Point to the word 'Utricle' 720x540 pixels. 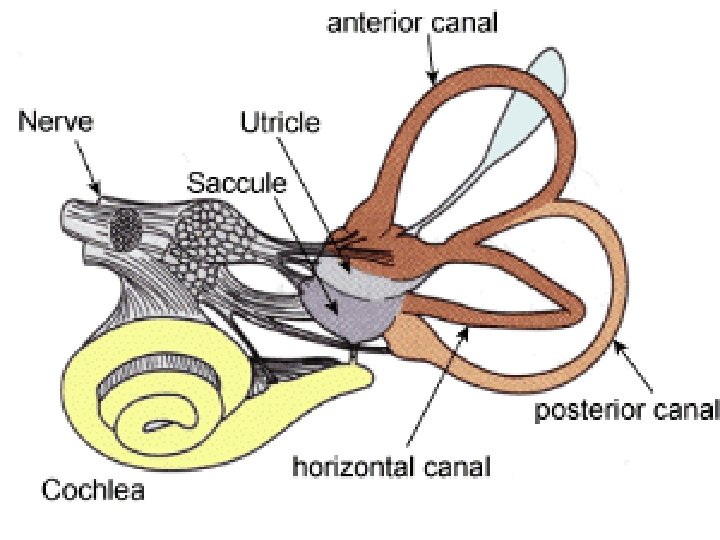pyautogui.click(x=281, y=124)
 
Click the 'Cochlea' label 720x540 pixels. pyautogui.click(x=92, y=491)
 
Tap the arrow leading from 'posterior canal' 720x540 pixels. pyautogui.click(x=639, y=369)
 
